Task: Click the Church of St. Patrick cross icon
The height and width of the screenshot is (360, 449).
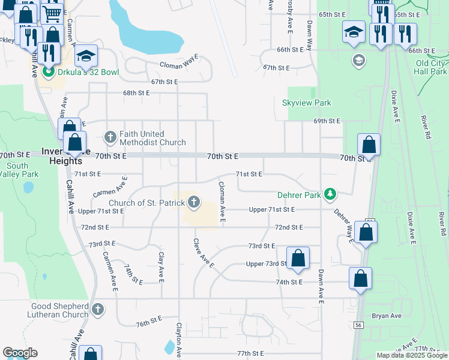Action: point(193,203)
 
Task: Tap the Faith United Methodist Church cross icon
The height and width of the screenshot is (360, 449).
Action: point(110,137)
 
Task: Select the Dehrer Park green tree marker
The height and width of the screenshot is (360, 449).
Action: point(329,194)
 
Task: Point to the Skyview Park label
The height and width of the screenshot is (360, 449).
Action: point(307,103)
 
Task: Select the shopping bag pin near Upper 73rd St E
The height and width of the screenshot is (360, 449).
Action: point(298,258)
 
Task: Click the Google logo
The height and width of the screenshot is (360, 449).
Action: point(20,353)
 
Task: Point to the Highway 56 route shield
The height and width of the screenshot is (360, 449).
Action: point(358,325)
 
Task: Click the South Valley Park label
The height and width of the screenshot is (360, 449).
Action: point(18,170)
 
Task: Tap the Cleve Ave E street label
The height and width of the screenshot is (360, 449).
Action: point(203,253)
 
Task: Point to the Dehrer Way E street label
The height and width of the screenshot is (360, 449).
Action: point(343,225)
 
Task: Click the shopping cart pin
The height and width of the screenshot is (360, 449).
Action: point(52,13)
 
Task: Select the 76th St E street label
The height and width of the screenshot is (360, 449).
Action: point(149,322)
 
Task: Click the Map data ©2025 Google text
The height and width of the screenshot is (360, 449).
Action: point(412,355)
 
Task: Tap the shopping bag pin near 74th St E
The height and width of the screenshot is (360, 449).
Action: point(360,278)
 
